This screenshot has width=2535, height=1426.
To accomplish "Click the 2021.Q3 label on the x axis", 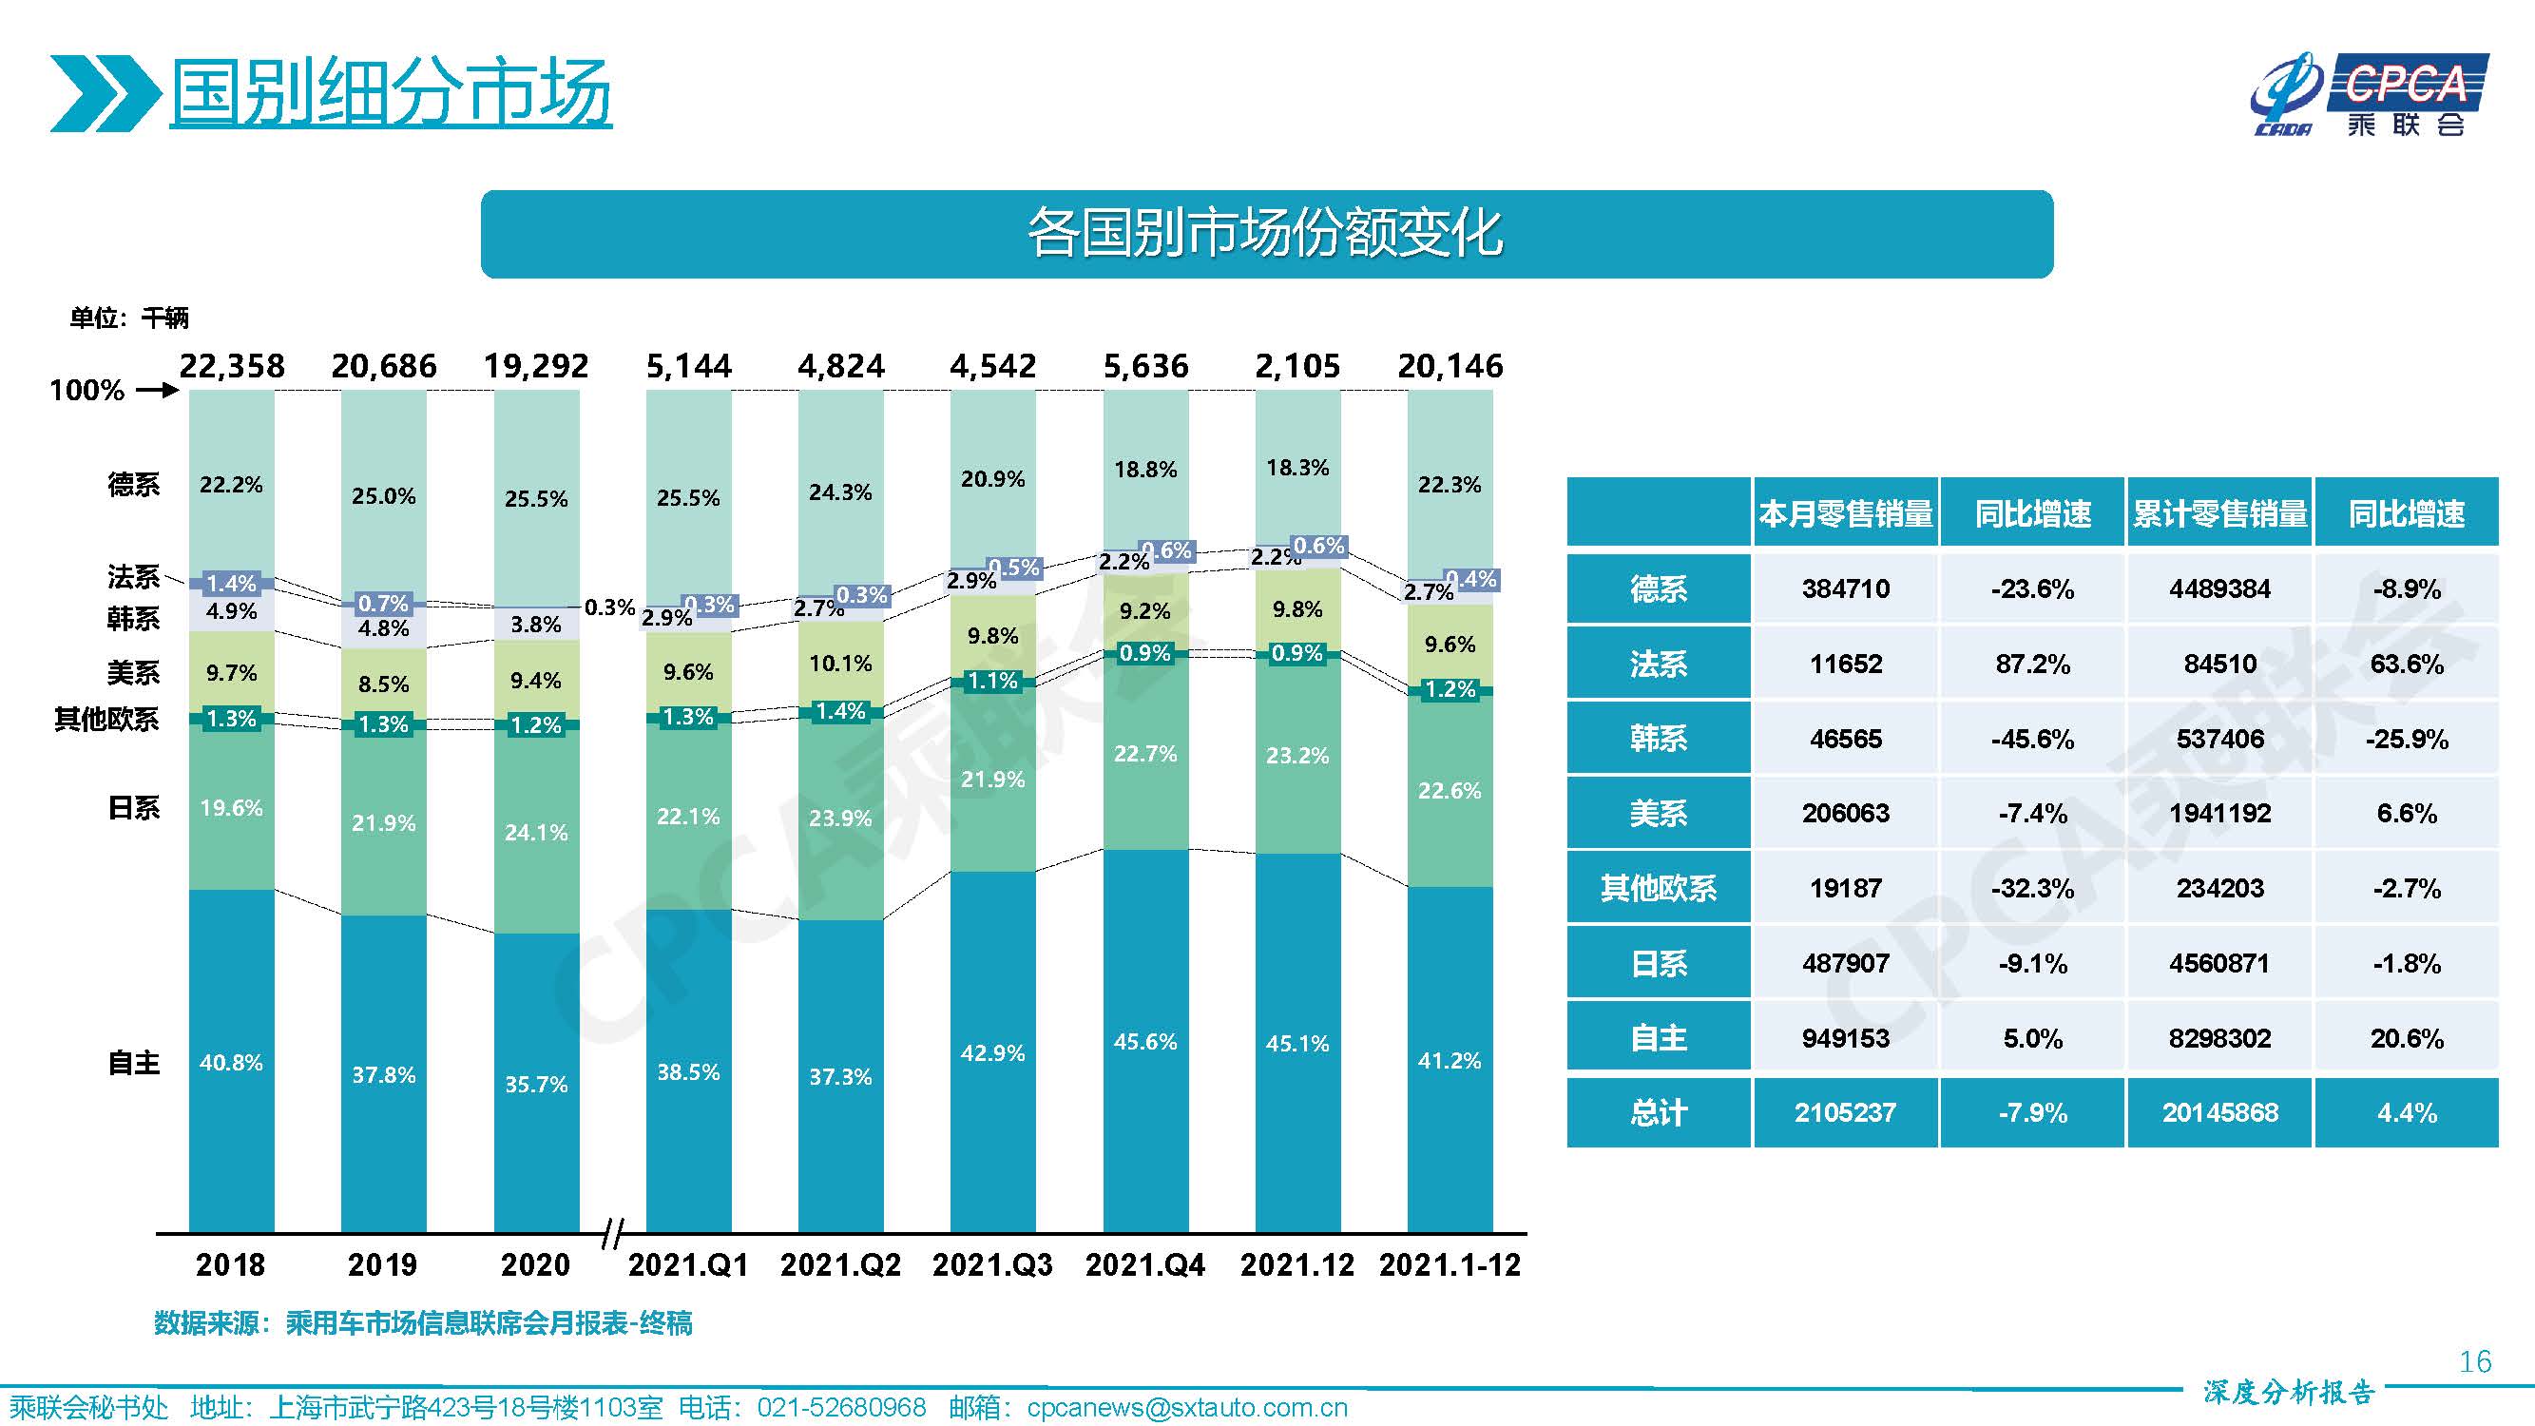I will (992, 1264).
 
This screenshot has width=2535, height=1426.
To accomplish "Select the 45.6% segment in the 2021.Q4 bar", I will (1144, 1041).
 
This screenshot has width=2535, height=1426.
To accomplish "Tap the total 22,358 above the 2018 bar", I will (232, 366).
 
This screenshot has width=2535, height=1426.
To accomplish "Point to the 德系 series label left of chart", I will (133, 484).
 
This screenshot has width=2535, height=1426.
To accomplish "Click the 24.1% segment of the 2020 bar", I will (535, 833).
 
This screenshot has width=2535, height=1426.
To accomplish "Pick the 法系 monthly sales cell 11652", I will (1845, 665).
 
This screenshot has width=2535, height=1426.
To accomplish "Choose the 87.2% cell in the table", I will (2032, 665).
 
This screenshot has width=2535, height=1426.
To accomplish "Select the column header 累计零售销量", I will (2219, 513).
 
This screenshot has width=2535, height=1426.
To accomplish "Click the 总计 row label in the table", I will (1659, 1113).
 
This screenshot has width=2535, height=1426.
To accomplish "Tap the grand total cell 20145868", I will (2219, 1113).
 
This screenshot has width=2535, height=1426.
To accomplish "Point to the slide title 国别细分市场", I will (391, 93).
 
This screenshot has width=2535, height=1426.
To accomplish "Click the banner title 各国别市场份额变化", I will (1265, 234).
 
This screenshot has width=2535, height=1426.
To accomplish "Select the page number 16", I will (2474, 1362).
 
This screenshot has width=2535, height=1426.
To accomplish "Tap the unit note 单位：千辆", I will (129, 318).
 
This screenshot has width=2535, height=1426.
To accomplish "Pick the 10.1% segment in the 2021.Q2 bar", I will (840, 664).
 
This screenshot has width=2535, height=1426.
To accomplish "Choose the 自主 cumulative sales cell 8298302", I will (2219, 1038).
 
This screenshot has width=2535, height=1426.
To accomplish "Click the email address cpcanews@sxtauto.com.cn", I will (1187, 1408).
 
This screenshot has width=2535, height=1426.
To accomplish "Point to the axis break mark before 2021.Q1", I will (613, 1232).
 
